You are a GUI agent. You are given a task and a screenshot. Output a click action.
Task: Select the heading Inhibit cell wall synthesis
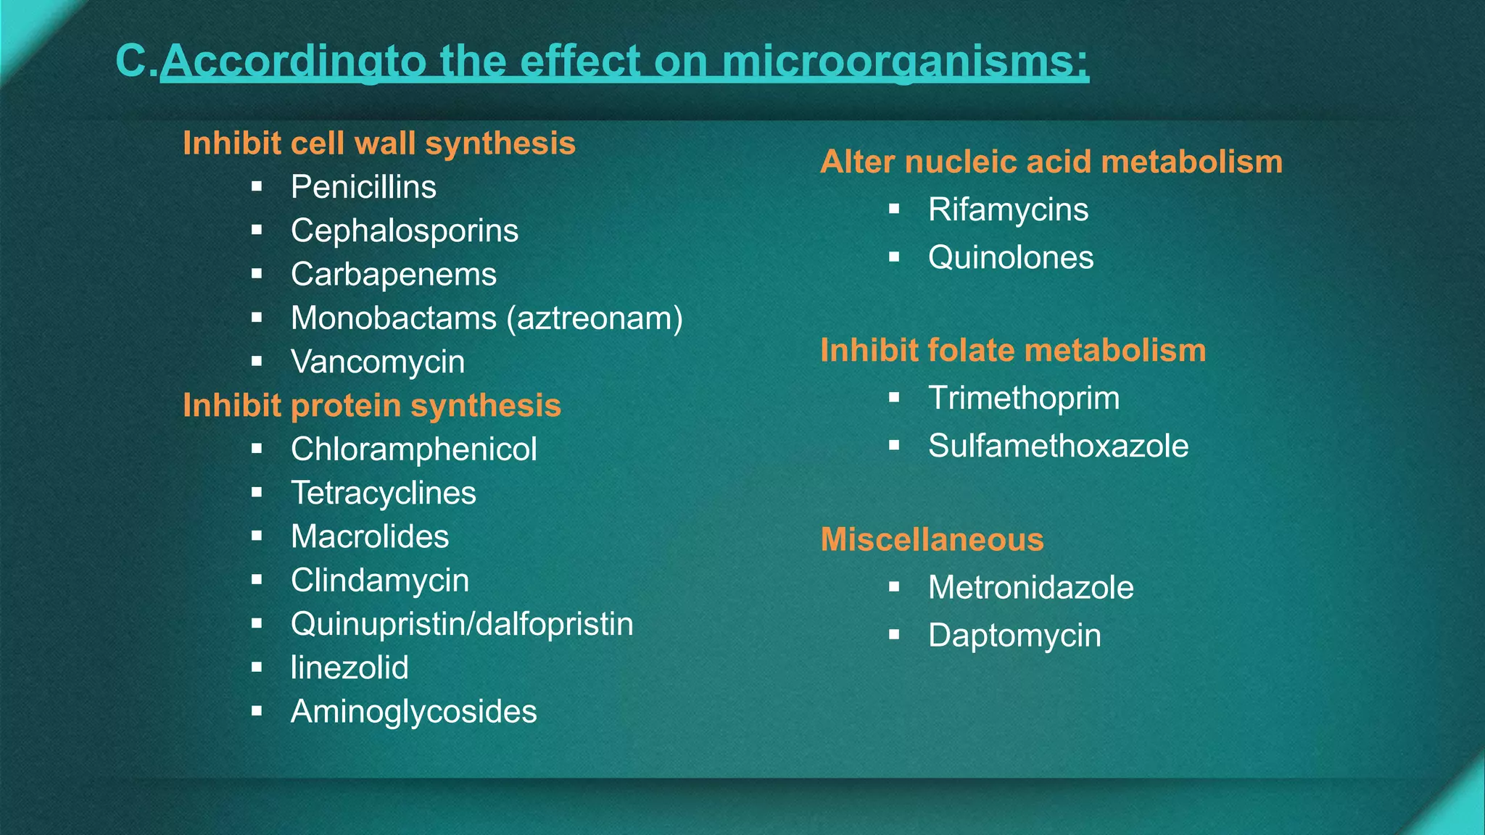click(x=379, y=143)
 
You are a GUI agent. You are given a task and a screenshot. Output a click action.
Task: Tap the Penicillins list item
click(x=363, y=187)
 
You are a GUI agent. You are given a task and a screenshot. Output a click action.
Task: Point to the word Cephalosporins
click(x=405, y=230)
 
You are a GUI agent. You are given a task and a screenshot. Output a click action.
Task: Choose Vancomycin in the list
click(x=378, y=362)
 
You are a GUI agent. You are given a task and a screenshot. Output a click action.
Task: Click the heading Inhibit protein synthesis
click(x=371, y=405)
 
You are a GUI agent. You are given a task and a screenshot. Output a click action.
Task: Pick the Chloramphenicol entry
click(x=413, y=449)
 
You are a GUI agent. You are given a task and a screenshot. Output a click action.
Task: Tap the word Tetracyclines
click(x=383, y=493)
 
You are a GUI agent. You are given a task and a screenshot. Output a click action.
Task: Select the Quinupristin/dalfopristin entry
click(x=462, y=624)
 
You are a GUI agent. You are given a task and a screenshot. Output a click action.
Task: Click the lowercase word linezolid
click(x=349, y=668)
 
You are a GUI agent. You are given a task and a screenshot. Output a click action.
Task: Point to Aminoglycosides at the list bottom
click(x=413, y=712)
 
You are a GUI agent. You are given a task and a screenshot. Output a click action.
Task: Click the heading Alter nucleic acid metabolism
click(x=1051, y=162)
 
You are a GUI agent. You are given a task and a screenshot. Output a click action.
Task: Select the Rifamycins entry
click(x=1008, y=209)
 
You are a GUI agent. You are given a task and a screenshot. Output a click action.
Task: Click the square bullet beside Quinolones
click(x=894, y=257)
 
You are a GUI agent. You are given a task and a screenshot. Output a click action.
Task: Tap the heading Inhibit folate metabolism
click(x=1013, y=350)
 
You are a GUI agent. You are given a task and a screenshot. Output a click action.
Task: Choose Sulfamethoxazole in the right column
click(x=1058, y=446)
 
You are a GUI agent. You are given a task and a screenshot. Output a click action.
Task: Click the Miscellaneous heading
click(x=932, y=539)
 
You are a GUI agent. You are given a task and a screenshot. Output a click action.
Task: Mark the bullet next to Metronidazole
click(x=894, y=586)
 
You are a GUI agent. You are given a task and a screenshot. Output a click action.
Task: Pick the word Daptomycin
click(x=1014, y=636)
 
